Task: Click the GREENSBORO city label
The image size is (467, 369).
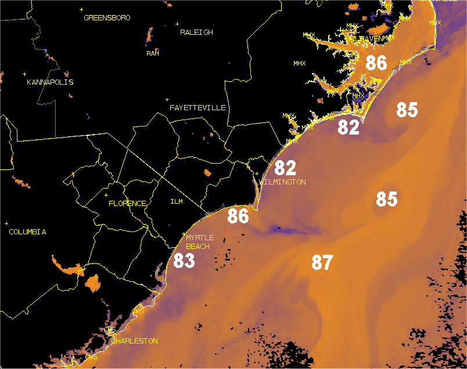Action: [x=107, y=18]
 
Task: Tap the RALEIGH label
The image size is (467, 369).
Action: [x=196, y=32]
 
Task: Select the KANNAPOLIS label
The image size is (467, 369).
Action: [x=50, y=82]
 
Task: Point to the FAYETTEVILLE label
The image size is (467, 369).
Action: [x=197, y=108]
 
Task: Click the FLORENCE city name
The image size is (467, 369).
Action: [x=127, y=204]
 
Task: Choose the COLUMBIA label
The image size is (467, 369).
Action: [x=27, y=232]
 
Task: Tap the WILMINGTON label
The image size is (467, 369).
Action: [x=282, y=182]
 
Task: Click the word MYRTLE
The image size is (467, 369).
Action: [x=200, y=238]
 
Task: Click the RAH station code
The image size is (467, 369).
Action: [x=153, y=53]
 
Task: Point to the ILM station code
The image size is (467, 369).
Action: [x=177, y=202]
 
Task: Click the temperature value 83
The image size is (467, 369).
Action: [x=184, y=261]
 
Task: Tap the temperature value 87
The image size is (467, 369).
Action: [x=322, y=263]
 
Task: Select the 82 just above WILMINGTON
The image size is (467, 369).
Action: [x=285, y=168]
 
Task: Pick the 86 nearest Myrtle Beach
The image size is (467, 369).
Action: [x=238, y=216]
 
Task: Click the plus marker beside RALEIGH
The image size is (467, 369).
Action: [x=177, y=24]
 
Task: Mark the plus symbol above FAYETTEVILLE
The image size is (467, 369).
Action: [x=167, y=100]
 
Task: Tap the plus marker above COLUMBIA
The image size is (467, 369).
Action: [x=6, y=223]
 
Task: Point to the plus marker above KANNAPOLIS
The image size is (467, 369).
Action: [x=24, y=74]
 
